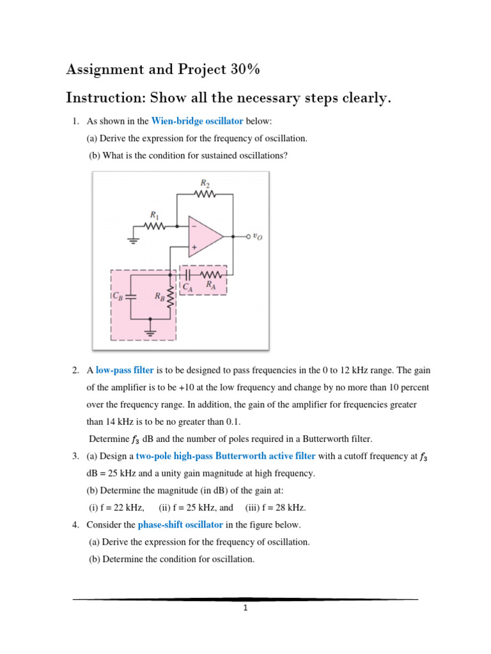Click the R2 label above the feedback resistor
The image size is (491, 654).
click(205, 183)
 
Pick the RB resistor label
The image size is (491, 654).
click(159, 296)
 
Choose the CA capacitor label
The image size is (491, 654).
click(187, 287)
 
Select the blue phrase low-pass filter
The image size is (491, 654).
click(125, 370)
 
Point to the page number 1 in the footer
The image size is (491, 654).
click(245, 609)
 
